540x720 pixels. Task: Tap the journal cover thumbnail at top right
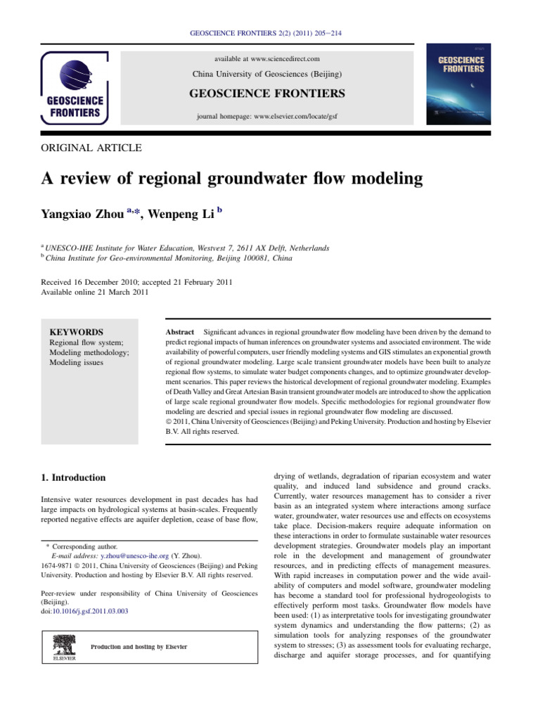(x=461, y=85)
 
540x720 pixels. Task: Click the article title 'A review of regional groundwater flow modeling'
(x=233, y=179)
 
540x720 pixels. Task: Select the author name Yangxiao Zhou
(x=84, y=214)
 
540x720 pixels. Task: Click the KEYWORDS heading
(x=76, y=332)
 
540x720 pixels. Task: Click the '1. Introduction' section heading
(x=74, y=477)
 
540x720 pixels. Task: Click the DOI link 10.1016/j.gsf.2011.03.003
(x=89, y=611)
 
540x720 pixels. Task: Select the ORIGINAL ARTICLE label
(x=91, y=148)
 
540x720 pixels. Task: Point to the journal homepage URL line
(x=266, y=116)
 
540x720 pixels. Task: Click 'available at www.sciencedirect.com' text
(x=266, y=58)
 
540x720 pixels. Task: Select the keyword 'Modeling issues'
(x=76, y=363)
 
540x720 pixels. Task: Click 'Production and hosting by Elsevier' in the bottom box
(x=139, y=647)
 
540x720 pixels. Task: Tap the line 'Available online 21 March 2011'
(x=95, y=292)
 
